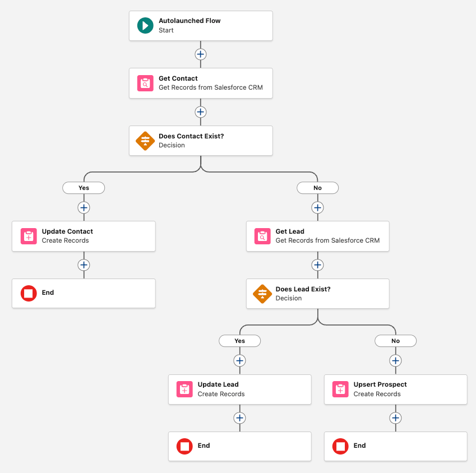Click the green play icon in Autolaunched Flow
(x=145, y=26)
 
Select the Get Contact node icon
(x=145, y=83)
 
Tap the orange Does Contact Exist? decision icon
(x=145, y=141)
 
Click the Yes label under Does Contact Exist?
(x=84, y=188)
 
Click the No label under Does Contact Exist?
(x=317, y=188)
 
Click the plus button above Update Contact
(x=84, y=207)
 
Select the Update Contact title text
(x=67, y=231)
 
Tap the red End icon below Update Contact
(x=29, y=293)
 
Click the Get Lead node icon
(x=262, y=236)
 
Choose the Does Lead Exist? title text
(x=303, y=289)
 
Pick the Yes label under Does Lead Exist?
(x=239, y=341)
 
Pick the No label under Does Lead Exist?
(x=395, y=341)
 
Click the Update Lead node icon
(x=184, y=389)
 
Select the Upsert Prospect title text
(x=380, y=384)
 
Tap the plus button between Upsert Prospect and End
(x=395, y=418)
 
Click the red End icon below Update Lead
(x=184, y=446)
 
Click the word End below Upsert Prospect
(x=359, y=446)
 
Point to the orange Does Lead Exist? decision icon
(x=262, y=294)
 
